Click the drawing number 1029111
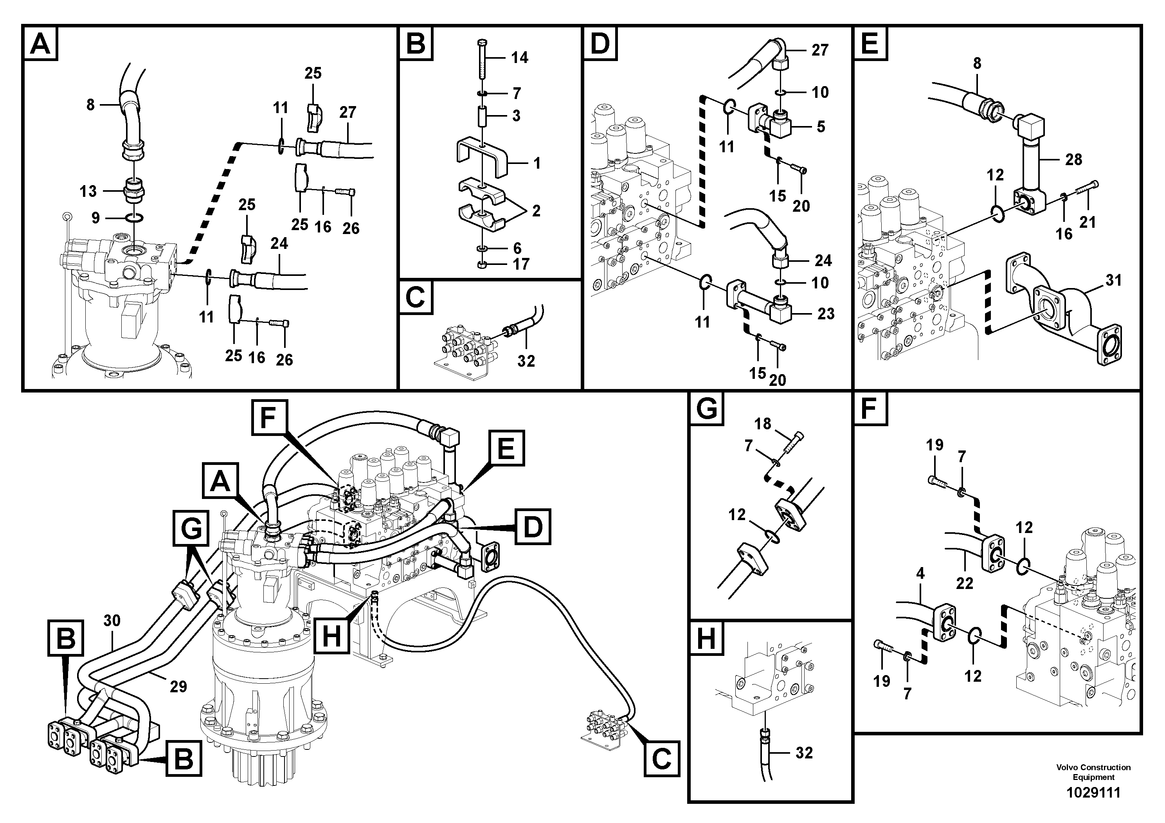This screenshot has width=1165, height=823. [1093, 792]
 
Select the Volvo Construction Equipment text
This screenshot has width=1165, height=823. [1093, 772]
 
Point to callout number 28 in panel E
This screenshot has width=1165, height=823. [1073, 159]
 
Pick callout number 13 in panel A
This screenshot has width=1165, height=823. [88, 191]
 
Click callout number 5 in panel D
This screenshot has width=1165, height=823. [821, 126]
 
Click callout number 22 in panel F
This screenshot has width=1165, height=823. [964, 583]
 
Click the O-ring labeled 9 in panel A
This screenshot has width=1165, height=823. [135, 218]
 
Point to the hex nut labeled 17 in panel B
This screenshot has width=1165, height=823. [483, 265]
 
